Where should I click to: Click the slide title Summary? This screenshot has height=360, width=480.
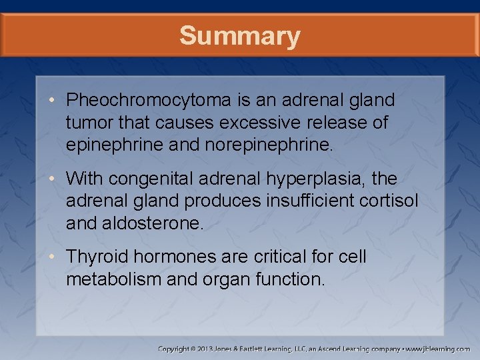(239, 36)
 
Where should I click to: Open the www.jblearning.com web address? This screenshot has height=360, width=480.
(438, 349)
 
